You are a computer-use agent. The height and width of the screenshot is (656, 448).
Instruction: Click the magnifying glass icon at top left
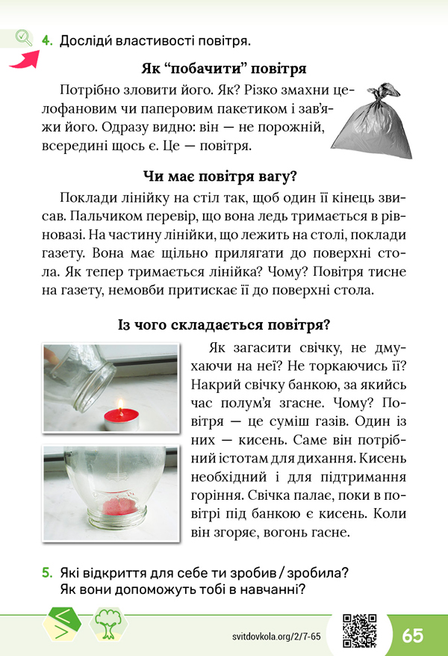coord(23,37)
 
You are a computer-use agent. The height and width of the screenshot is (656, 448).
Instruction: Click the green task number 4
coord(46,40)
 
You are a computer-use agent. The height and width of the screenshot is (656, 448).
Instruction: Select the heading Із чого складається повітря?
coord(224,326)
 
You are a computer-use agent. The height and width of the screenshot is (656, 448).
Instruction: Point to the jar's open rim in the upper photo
coord(92,392)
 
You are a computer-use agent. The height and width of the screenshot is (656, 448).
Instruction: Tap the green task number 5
coord(46,573)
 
